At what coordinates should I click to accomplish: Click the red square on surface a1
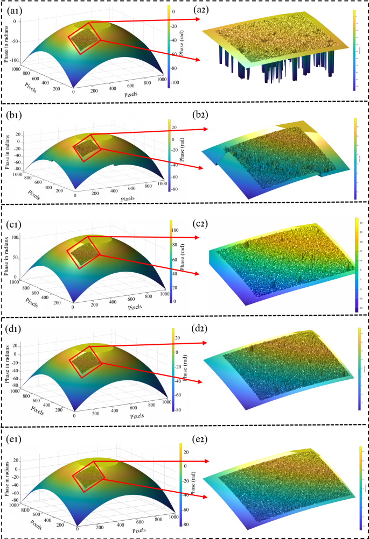[85, 37]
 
